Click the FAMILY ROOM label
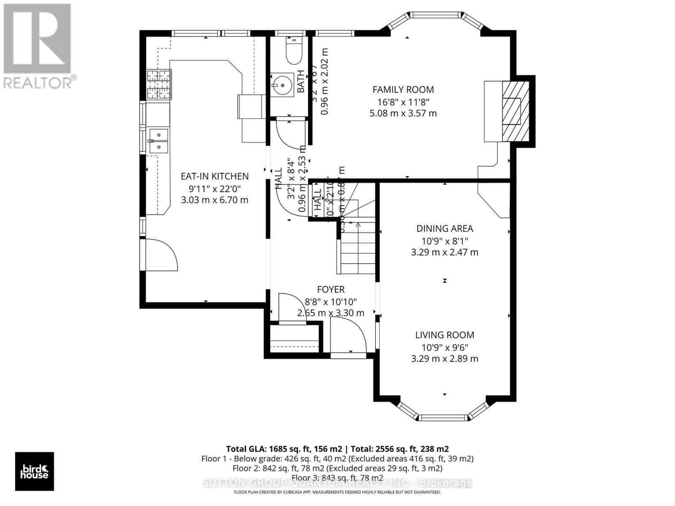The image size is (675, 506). [403, 89]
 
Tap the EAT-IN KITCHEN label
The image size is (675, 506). [214, 176]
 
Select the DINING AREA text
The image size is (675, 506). [445, 229]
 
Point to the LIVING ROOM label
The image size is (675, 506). [445, 335]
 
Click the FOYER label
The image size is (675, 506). [331, 289]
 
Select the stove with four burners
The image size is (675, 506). [159, 85]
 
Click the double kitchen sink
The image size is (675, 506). [158, 141]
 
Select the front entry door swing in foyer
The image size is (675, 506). [348, 335]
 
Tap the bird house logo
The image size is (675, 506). [35, 471]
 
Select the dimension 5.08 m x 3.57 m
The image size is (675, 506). [403, 113]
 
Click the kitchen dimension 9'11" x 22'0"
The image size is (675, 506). [214, 188]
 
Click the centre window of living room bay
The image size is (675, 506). [442, 418]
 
